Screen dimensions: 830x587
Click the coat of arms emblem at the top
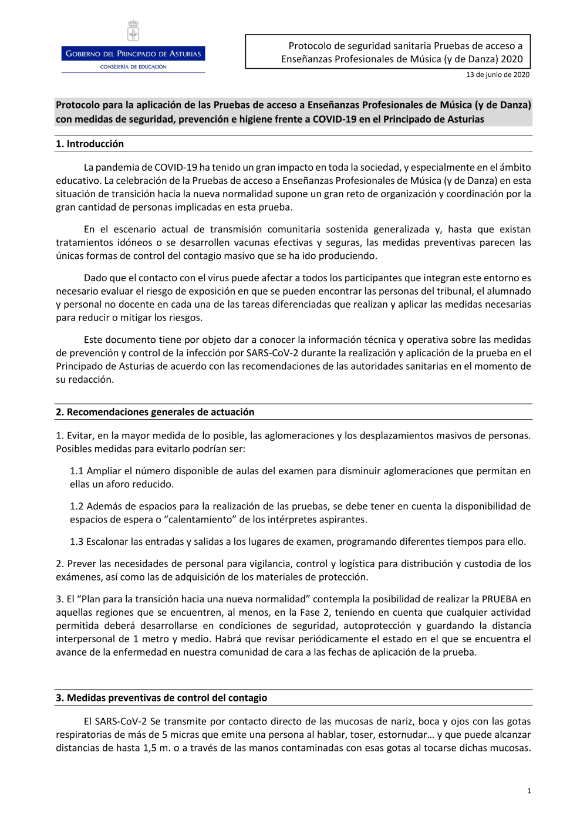point(133,31)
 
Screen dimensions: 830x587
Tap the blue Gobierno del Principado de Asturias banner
point(133,53)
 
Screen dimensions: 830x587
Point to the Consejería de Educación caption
point(133,67)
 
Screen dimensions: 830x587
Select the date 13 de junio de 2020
point(497,75)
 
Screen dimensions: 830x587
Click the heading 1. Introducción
point(90,144)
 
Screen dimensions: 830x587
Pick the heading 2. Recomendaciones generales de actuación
point(155,412)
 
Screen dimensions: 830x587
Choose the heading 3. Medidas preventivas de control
point(161,698)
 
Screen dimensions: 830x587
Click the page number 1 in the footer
point(529,791)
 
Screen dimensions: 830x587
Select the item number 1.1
point(76,471)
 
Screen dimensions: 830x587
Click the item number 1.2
point(76,506)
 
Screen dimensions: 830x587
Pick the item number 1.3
point(76,541)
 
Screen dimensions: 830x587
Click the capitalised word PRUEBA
point(500,599)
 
